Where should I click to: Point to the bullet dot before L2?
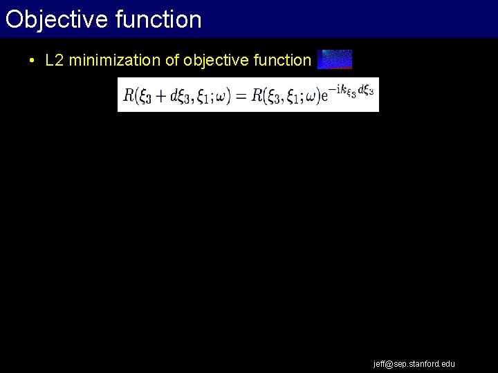33,61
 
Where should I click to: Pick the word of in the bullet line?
172,61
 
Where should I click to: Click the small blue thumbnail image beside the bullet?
335,59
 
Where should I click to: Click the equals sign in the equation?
241,96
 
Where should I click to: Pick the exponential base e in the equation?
323,97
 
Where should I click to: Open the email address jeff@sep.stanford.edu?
414,363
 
